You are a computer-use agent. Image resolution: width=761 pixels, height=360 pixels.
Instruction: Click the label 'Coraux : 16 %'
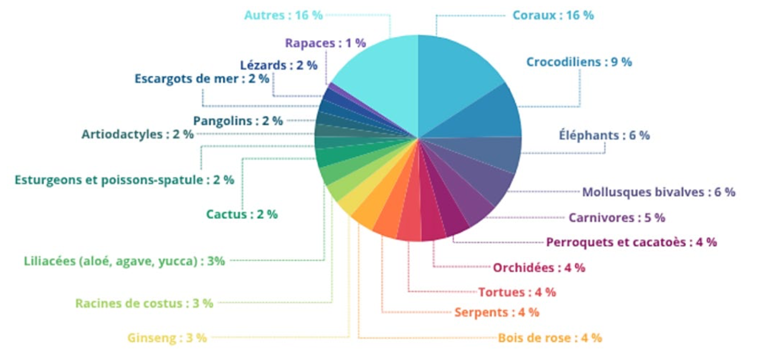[553, 15]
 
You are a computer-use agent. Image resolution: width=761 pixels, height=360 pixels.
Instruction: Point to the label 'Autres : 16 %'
[283, 15]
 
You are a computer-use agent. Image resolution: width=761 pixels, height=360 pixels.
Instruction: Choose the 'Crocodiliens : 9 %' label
[579, 62]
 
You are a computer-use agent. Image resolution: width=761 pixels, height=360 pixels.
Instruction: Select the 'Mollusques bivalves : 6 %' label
[659, 192]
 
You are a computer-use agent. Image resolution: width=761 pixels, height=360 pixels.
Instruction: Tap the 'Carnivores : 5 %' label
[616, 217]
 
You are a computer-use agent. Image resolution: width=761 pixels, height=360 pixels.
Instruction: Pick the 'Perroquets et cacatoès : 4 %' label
[631, 242]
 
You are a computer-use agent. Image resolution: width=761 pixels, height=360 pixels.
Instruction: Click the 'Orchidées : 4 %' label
[539, 268]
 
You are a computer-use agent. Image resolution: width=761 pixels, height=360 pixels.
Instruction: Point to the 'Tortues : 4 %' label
[516, 292]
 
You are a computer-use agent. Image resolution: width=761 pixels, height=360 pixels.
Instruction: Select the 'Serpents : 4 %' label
[497, 312]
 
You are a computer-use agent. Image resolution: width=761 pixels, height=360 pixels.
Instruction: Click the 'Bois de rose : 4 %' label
[550, 338]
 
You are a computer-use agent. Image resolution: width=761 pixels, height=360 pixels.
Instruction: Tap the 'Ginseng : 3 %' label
[167, 338]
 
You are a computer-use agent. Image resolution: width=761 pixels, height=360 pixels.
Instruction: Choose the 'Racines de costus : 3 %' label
[144, 304]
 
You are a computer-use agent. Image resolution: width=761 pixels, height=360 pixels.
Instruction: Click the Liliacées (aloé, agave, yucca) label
[125, 261]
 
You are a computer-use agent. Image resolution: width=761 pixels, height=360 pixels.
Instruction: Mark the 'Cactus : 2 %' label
[242, 214]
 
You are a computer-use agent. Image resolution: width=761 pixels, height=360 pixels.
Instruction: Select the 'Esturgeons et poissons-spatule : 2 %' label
[125, 180]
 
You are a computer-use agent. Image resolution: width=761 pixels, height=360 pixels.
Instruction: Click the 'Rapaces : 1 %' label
[325, 43]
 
